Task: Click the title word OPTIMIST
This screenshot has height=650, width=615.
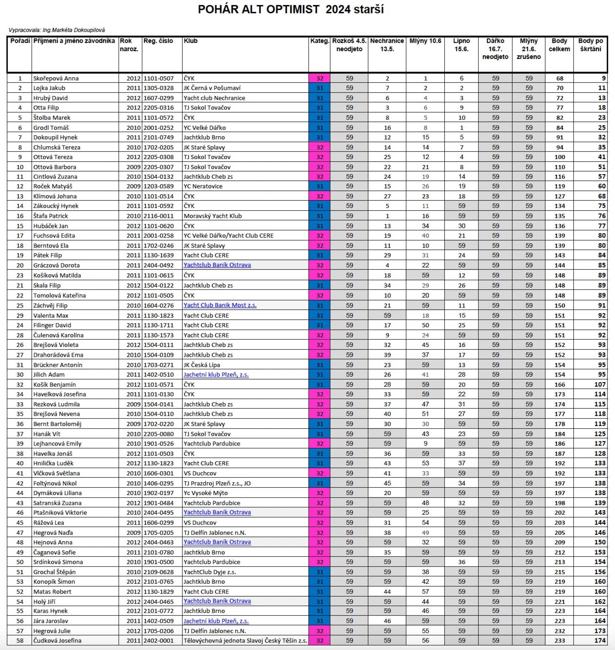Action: [x=292, y=10]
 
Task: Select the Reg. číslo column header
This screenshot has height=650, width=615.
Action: [x=158, y=41]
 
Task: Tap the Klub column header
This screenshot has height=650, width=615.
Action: [x=191, y=41]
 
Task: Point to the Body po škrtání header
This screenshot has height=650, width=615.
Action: [x=590, y=45]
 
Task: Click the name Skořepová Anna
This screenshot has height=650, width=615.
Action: [x=56, y=78]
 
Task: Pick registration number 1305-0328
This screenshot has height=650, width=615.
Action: [x=158, y=88]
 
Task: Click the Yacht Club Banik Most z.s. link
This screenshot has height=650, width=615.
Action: [x=220, y=305]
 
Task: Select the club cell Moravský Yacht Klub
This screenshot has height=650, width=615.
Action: [x=212, y=216]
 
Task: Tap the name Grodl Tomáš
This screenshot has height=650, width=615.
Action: [x=51, y=128]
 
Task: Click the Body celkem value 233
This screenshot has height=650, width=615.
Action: [x=560, y=640]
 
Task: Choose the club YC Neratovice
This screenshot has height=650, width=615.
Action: [x=203, y=186]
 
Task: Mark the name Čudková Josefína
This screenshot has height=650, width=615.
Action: [x=57, y=640]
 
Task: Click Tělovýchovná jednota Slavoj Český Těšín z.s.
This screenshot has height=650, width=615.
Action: [x=245, y=640]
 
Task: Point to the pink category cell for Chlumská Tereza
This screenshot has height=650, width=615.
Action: [x=319, y=148]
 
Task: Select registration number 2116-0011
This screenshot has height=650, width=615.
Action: [x=158, y=216]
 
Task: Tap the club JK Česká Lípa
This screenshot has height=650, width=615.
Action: [x=201, y=365]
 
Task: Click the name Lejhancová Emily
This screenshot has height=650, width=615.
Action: [x=57, y=444]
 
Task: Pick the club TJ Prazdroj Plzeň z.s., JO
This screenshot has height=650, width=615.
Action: [x=217, y=483]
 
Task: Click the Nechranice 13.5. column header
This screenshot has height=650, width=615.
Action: [x=387, y=45]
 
